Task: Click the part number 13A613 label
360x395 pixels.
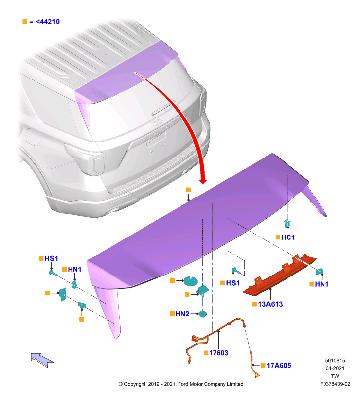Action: pyautogui.click(x=270, y=304)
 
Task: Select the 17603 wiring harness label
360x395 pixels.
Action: pyautogui.click(x=218, y=353)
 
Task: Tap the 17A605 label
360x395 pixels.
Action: pyautogui.click(x=279, y=365)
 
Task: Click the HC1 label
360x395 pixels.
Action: pyautogui.click(x=288, y=237)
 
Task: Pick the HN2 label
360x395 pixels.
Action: pyautogui.click(x=182, y=314)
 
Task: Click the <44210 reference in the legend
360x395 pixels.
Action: pyautogui.click(x=48, y=22)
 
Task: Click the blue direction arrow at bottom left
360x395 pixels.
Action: pyautogui.click(x=42, y=360)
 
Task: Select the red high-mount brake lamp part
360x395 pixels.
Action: pyautogui.click(x=279, y=275)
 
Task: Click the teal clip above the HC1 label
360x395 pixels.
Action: pyautogui.click(x=287, y=223)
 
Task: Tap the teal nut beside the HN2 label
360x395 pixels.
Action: pyautogui.click(x=203, y=314)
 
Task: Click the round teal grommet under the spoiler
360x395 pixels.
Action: pyautogui.click(x=190, y=281)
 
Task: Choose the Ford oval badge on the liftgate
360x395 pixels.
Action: pyautogui.click(x=158, y=122)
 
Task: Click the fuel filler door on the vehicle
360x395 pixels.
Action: pyautogui.click(x=33, y=137)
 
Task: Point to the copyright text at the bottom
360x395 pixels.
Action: pyautogui.click(x=181, y=384)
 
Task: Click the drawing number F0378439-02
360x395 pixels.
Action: pyautogui.click(x=335, y=384)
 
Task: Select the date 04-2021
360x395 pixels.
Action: pyautogui.click(x=335, y=368)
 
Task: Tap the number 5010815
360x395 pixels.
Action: pyautogui.click(x=335, y=361)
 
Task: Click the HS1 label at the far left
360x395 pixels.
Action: pyautogui.click(x=51, y=258)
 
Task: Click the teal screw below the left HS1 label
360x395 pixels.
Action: pyautogui.click(x=53, y=273)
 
